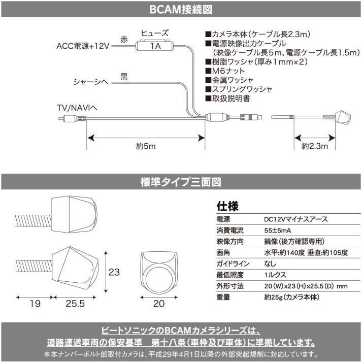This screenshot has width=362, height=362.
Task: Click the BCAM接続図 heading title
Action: pyautogui.click(x=181, y=9)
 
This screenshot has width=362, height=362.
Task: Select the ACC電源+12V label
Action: pyautogui.click(x=83, y=46)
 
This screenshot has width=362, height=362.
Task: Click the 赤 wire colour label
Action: pyautogui.click(x=124, y=39)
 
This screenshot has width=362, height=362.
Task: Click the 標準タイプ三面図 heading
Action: pyautogui.click(x=181, y=181)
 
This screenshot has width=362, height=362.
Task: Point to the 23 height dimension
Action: pyautogui.click(x=115, y=271)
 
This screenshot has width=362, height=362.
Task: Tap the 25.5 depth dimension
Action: pyautogui.click(x=75, y=304)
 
